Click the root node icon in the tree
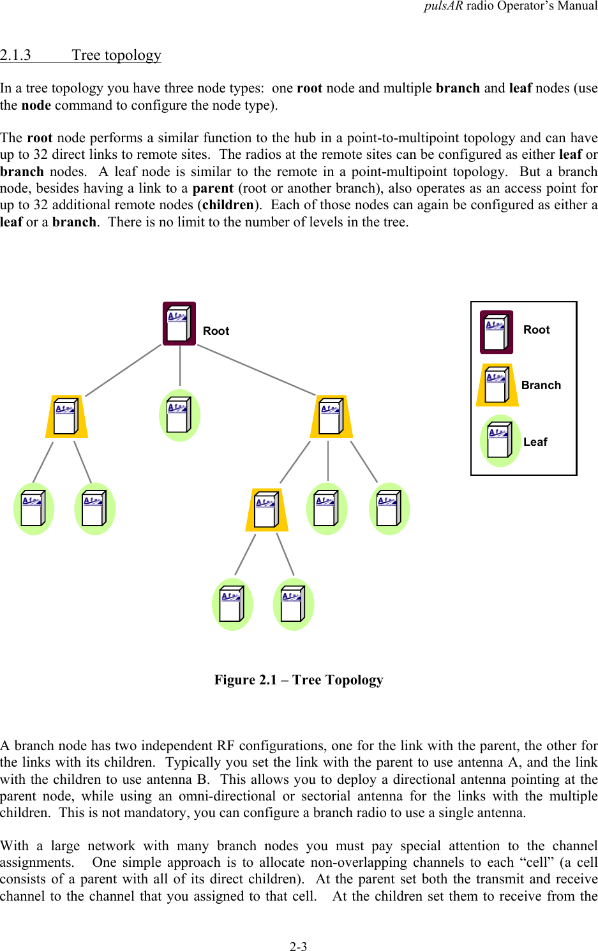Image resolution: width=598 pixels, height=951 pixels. click(179, 324)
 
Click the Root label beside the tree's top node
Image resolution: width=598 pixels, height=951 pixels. click(216, 331)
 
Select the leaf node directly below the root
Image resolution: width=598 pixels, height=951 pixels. click(179, 415)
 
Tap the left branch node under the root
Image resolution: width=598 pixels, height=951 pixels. click(66, 417)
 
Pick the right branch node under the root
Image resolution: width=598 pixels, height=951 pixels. click(331, 417)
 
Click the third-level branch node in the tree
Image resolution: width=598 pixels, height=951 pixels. click(267, 510)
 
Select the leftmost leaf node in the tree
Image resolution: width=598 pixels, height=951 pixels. click(33, 509)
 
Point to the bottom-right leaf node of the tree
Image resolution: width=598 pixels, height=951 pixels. click(293, 604)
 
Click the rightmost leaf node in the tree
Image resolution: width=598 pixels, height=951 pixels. click(389, 508)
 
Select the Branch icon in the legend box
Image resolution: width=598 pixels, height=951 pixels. click(497, 385)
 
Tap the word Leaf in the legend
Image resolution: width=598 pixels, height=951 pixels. click(535, 442)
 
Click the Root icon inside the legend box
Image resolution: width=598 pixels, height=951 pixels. click(497, 332)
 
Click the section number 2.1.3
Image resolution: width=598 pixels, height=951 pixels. click(15, 55)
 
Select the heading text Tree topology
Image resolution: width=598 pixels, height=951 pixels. click(116, 55)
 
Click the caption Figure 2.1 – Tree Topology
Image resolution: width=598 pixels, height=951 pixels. click(299, 680)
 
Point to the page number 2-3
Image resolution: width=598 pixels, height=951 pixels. click(298, 947)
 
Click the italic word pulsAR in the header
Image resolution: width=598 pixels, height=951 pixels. click(443, 6)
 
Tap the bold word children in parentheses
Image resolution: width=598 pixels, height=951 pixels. click(228, 205)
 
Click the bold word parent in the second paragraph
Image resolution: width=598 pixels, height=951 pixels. click(213, 188)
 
